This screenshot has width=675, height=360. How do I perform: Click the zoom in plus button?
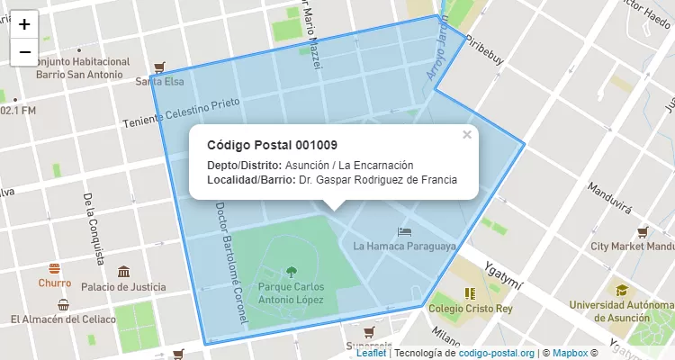point(24,24)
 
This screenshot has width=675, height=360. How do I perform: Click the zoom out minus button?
point(24,52)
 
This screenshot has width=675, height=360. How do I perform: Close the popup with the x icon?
point(466,135)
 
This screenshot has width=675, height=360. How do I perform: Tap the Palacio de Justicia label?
point(123,287)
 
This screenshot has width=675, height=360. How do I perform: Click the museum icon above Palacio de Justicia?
point(123,271)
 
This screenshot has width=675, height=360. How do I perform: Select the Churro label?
point(55,283)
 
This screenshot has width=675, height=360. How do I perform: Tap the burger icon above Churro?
point(55,267)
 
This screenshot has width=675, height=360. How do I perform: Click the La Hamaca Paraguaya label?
point(404,246)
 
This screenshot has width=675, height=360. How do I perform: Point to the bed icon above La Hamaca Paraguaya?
point(404,231)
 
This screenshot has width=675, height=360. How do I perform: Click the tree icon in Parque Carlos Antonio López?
point(291,270)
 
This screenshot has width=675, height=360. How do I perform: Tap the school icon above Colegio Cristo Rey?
point(469,292)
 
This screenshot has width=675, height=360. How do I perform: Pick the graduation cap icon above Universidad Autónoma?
point(621,290)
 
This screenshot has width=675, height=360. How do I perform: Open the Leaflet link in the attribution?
point(371,353)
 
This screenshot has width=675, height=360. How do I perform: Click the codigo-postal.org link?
point(496,353)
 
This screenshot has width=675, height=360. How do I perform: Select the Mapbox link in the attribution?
point(569,353)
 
